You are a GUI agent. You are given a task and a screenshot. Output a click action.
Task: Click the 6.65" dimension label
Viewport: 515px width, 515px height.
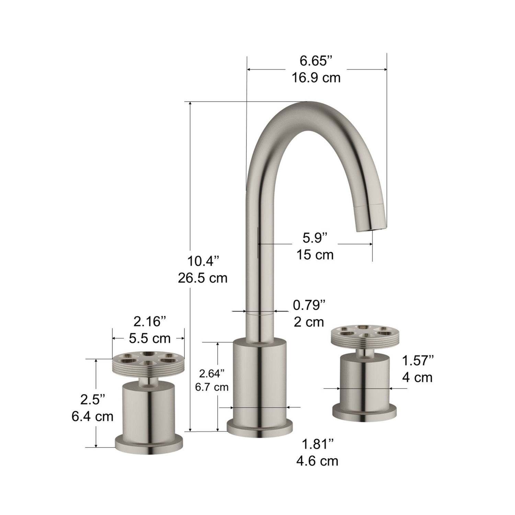pyautogui.click(x=316, y=61)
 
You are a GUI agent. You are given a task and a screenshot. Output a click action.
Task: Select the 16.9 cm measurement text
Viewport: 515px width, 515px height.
pyautogui.click(x=316, y=78)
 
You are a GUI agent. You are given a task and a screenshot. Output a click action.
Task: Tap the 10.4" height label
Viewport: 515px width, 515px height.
pyautogui.click(x=203, y=261)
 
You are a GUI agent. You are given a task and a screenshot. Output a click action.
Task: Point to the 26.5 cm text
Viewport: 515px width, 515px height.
pyautogui.click(x=203, y=278)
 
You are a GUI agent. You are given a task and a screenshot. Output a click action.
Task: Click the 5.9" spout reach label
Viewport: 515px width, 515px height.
pyautogui.click(x=315, y=238)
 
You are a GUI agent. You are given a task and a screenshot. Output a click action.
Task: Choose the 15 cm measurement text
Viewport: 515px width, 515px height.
pyautogui.click(x=315, y=255)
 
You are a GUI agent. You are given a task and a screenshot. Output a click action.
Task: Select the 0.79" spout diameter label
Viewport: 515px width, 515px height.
pyautogui.click(x=309, y=305)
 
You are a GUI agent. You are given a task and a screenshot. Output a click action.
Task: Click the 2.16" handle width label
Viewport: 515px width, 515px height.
pyautogui.click(x=150, y=322)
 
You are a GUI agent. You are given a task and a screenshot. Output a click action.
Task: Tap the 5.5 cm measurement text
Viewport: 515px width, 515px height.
pyautogui.click(x=150, y=339)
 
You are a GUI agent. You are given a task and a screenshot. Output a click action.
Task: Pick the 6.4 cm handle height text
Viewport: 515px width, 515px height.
pyautogui.click(x=92, y=416)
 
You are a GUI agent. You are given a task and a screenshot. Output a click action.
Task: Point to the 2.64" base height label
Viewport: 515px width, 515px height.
pyautogui.click(x=212, y=373)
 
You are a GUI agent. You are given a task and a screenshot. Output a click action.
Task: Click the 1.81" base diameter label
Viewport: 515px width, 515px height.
pyautogui.click(x=317, y=444)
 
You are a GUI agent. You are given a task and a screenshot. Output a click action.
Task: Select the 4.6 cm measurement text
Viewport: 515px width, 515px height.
pyautogui.click(x=317, y=461)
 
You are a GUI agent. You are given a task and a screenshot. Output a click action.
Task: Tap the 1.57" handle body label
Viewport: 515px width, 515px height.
pyautogui.click(x=418, y=360)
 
